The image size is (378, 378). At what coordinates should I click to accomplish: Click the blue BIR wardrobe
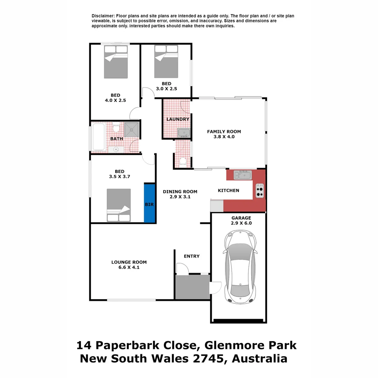(x=149, y=203)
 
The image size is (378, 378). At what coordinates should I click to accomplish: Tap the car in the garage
(x=240, y=267)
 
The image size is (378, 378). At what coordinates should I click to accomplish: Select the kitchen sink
(x=242, y=175)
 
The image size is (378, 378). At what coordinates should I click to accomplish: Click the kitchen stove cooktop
(x=260, y=191)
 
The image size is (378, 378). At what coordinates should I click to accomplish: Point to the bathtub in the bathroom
(x=98, y=137)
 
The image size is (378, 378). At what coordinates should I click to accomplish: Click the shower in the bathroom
(x=132, y=129)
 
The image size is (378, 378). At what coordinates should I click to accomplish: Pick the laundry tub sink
(x=184, y=133)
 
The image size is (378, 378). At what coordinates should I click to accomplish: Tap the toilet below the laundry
(x=182, y=161)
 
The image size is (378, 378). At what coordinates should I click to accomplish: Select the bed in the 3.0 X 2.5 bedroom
(x=166, y=62)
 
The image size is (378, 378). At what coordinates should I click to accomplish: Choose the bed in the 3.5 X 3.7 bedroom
(x=119, y=205)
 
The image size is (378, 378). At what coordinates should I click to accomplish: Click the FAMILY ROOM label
(x=224, y=132)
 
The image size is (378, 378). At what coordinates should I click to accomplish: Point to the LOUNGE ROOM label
(x=129, y=262)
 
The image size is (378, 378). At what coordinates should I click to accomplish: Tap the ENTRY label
(x=191, y=256)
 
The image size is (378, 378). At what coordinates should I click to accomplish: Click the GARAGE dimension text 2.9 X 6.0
(x=241, y=223)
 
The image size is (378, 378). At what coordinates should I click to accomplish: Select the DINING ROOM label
(x=180, y=191)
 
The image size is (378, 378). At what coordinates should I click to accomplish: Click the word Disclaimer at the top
(x=103, y=16)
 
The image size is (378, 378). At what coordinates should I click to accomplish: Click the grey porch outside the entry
(x=192, y=287)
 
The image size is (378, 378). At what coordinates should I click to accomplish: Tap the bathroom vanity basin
(x=116, y=149)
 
